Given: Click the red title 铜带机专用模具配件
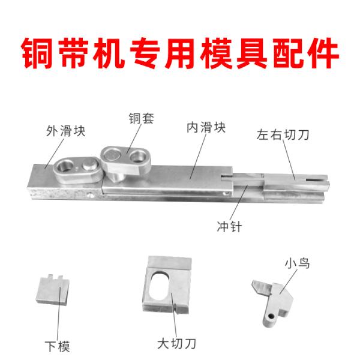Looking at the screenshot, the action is [180, 53].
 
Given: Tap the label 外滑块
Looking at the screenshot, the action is [65, 131].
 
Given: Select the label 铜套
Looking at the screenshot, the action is [141, 118].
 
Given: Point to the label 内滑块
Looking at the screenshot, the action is [206, 128].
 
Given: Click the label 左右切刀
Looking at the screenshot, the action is [283, 135].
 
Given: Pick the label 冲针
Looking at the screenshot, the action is [229, 227].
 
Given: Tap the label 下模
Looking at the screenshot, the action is [57, 346].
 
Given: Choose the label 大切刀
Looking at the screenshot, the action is [176, 344].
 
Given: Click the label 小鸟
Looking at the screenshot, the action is [298, 263].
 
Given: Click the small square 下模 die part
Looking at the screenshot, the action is [53, 290].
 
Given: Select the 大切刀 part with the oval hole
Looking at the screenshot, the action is [167, 284].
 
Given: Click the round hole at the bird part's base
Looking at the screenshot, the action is [272, 317].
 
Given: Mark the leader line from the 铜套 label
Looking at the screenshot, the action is [134, 139].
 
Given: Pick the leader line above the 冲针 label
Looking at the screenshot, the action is [239, 203].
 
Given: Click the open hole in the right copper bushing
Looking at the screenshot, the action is [138, 157].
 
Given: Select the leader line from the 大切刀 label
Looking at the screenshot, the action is [174, 315].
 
